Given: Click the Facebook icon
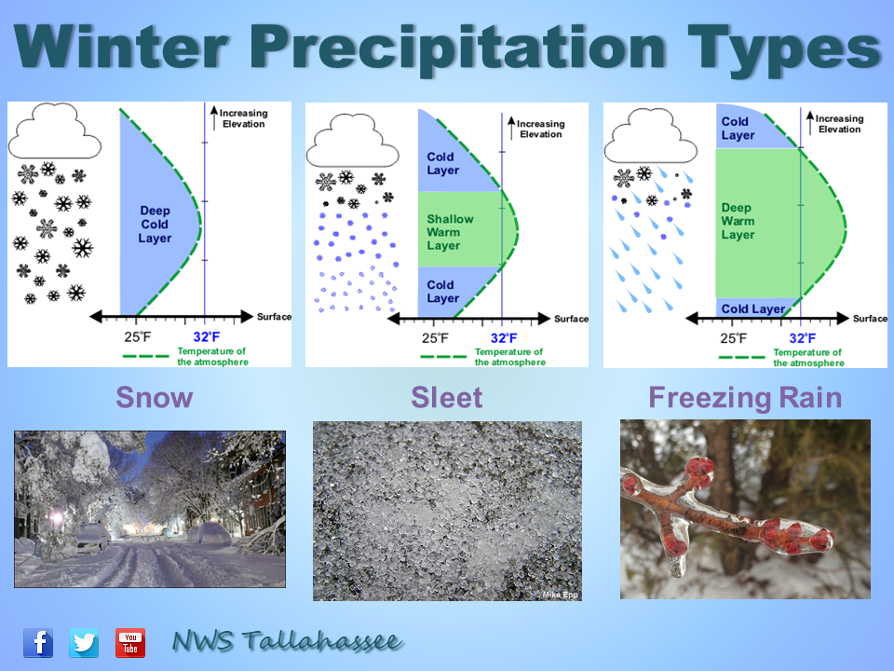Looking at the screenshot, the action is click(x=38, y=643).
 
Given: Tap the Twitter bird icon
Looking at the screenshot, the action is click(x=84, y=643).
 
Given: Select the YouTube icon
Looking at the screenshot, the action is click(x=130, y=643).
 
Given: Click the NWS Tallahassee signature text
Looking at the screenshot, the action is click(x=288, y=641).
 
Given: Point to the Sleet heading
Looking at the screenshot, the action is click(x=446, y=398).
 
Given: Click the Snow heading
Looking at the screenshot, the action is click(x=155, y=398).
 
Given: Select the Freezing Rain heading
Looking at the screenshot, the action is click(x=745, y=399).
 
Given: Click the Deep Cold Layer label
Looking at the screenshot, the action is click(x=155, y=225).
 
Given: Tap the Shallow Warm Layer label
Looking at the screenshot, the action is click(x=450, y=232).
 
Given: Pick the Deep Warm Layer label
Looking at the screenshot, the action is click(x=738, y=221).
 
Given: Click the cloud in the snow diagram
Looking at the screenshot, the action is click(x=55, y=131).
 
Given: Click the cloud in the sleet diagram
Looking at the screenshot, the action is click(x=352, y=141).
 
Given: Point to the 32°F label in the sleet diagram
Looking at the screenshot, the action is click(x=504, y=338).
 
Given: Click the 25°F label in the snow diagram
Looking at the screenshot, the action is click(x=138, y=337).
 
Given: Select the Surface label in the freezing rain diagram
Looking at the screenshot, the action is click(x=870, y=319).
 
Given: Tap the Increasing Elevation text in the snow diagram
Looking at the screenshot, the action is click(x=243, y=118).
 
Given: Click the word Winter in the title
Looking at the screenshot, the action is click(x=121, y=48).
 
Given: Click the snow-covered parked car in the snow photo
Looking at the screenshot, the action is click(x=93, y=538).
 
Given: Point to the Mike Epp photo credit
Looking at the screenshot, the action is click(x=560, y=595).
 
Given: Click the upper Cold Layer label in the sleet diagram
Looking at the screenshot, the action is click(x=443, y=163).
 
